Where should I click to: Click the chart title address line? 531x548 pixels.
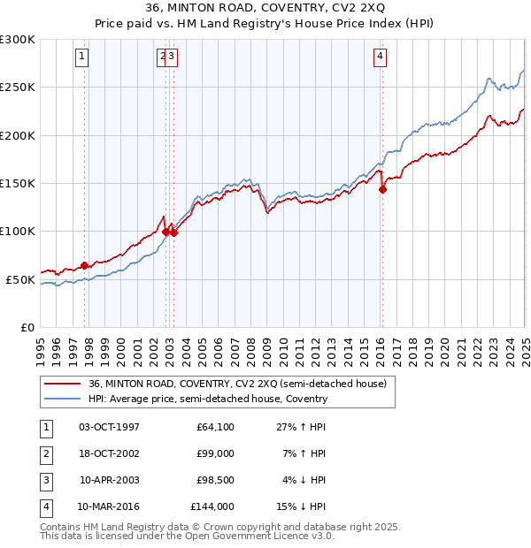pos(265,9)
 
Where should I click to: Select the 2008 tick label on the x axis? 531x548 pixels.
pos(250,343)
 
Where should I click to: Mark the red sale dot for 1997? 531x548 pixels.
pos(84,265)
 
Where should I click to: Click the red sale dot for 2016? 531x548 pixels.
pos(382,188)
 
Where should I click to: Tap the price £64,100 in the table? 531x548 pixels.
pos(215,428)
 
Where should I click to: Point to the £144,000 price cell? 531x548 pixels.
pos(212,507)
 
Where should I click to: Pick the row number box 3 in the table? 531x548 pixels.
pos(45,481)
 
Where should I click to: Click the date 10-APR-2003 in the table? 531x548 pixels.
pos(110,481)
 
